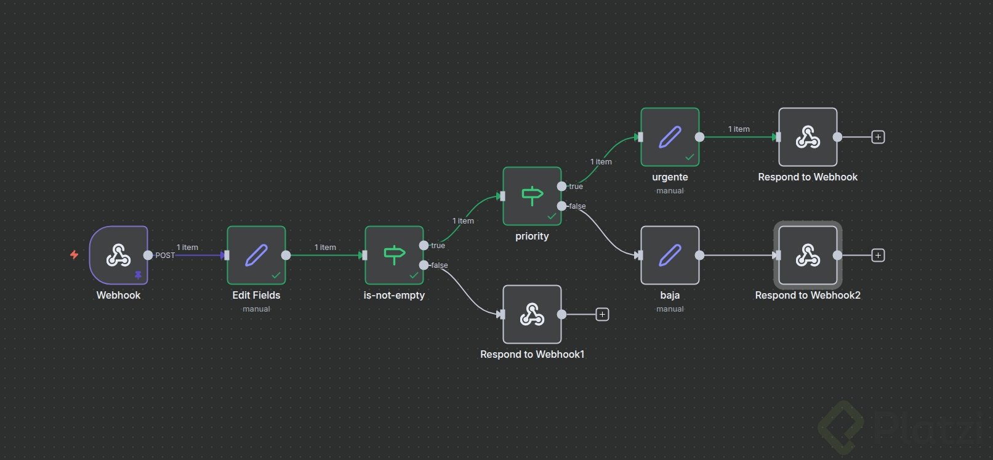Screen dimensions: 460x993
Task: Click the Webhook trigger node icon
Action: [118, 255]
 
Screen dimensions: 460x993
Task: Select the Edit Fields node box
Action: [256, 255]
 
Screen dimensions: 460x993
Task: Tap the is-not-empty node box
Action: [394, 255]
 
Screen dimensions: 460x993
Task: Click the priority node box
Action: [532, 196]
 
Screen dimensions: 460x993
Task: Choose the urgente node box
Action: [670, 137]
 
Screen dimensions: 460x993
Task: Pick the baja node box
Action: [670, 255]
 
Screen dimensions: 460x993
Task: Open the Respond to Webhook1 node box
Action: [532, 314]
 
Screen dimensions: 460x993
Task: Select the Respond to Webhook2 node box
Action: [808, 255]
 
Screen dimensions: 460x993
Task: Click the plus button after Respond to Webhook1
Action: [602, 315]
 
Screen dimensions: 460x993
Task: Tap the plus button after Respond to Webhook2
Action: [878, 255]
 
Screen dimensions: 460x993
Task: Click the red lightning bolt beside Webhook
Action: [74, 254]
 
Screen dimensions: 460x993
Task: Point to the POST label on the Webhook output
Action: [165, 256]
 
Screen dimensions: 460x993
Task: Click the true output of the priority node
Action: [561, 186]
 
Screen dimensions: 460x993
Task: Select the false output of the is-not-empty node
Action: [424, 265]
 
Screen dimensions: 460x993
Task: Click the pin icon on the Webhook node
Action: [138, 275]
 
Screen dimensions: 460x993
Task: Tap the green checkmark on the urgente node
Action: [689, 157]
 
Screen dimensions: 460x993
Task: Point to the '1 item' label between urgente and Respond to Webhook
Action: [739, 129]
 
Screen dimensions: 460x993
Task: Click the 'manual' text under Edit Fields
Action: [256, 309]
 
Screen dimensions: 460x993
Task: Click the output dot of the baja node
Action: [699, 255]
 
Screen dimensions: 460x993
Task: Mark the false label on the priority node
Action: [577, 206]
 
